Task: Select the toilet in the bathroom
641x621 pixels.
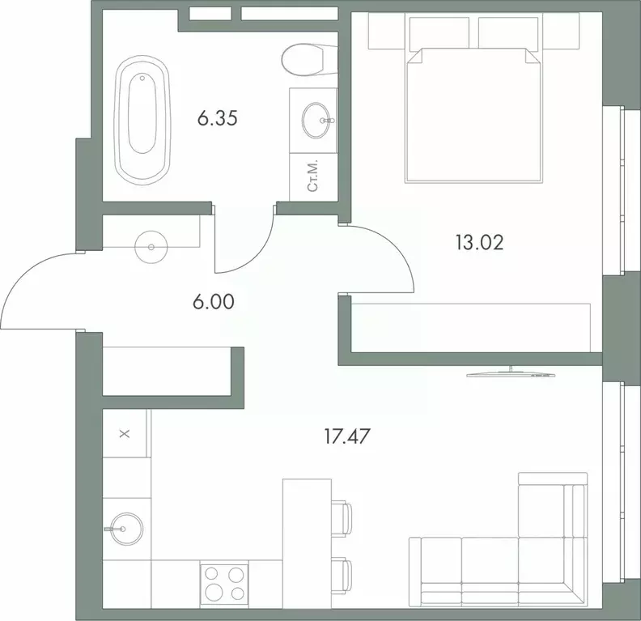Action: (x=308, y=58)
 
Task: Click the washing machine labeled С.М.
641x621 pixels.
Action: (x=312, y=175)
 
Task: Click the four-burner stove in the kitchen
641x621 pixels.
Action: (x=223, y=582)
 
